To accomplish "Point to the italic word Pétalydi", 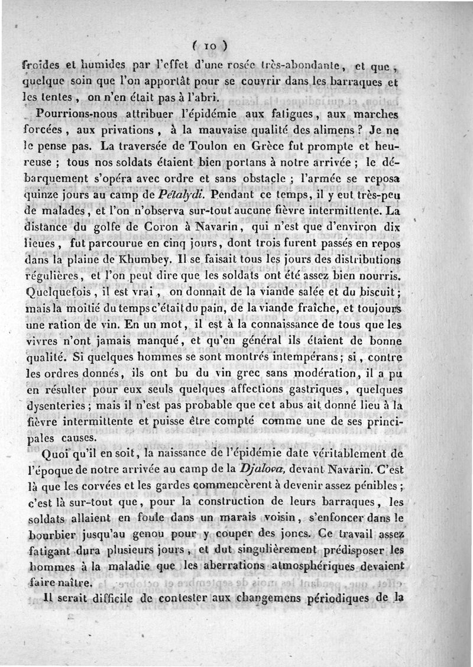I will [x=182, y=193].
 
